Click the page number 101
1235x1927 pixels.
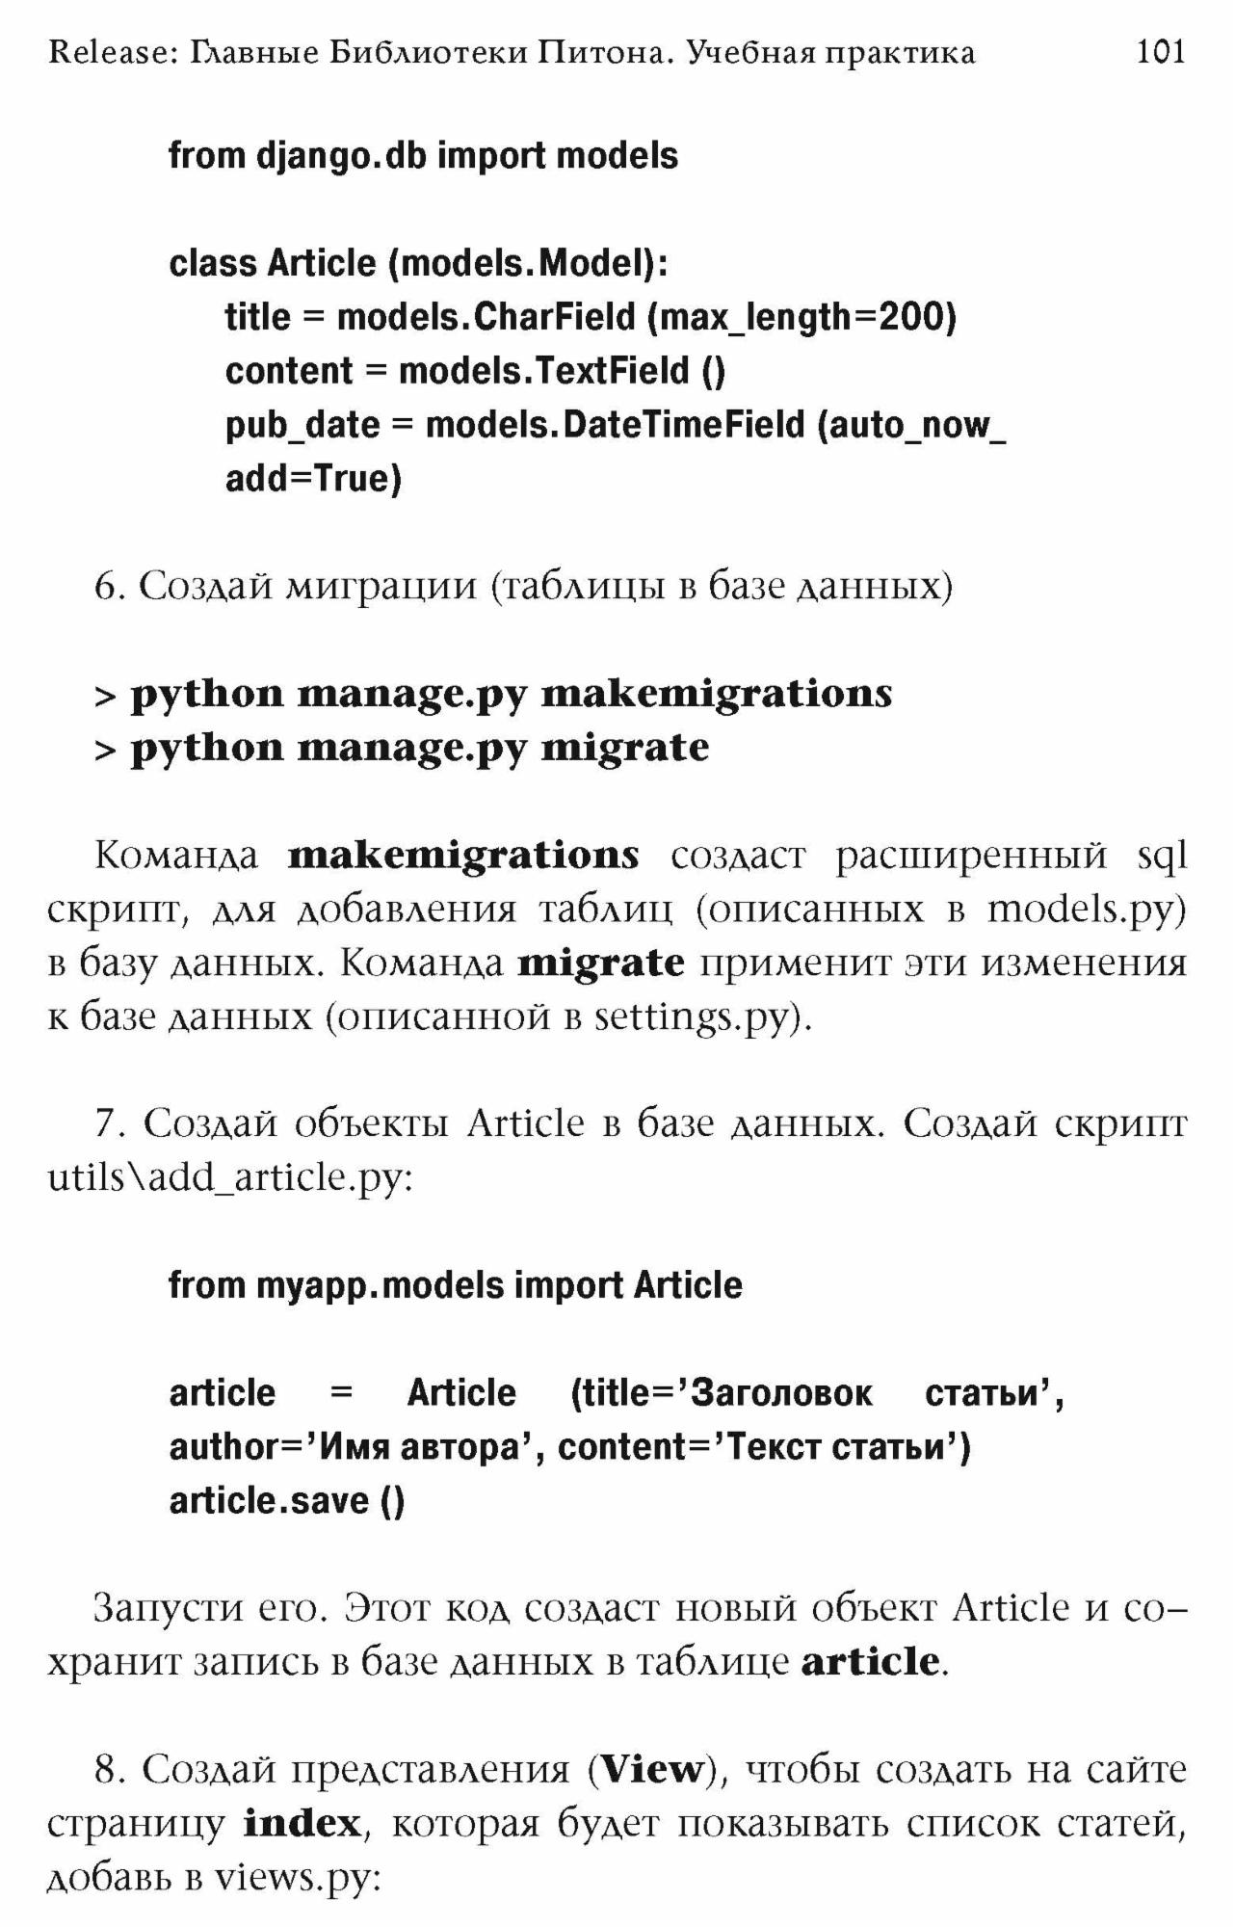[1160, 51]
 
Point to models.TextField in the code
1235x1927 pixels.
[544, 371]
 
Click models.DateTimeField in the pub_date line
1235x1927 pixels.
[615, 425]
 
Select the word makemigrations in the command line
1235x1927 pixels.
[717, 694]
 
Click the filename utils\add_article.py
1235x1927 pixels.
[229, 1178]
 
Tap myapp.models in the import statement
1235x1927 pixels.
[380, 1285]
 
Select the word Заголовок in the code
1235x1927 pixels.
[781, 1393]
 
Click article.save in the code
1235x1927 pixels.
[269, 1501]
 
